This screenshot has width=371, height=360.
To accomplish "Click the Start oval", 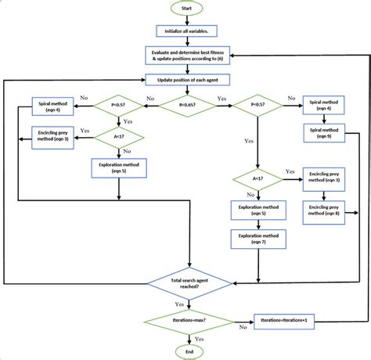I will point(186,9).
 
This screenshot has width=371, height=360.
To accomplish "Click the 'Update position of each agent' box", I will point(186,79).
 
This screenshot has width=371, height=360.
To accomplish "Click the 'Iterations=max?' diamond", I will point(186,322).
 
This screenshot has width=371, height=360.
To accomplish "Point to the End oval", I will point(186,352).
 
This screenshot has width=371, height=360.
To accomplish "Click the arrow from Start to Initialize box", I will point(186,21).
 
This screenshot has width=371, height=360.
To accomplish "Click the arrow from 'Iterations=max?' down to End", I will point(186,338).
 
